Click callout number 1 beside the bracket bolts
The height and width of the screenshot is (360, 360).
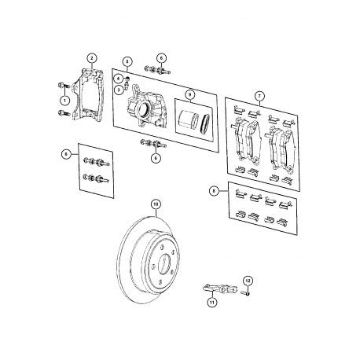pos(64,99)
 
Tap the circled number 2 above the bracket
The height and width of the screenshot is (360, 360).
pos(92,57)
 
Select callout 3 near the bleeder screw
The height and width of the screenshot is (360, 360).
pos(117,90)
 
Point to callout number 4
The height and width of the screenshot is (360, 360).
pos(117,78)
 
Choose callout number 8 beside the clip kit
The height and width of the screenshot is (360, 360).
pos(214,190)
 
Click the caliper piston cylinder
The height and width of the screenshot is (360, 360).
pos(186,123)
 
